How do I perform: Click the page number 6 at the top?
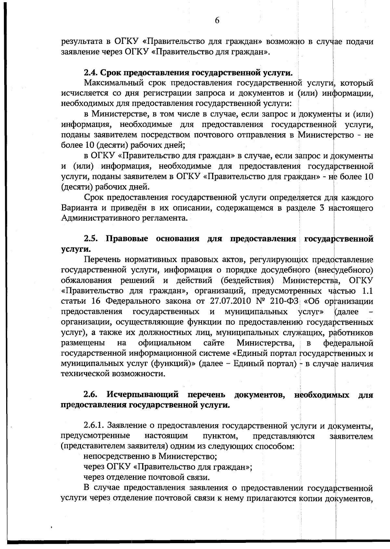tap(217, 20)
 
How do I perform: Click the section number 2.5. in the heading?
tap(92, 239)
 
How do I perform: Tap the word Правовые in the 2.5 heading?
tap(127, 239)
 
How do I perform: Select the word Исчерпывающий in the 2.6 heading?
tap(143, 395)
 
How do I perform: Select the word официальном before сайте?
tap(164, 343)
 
